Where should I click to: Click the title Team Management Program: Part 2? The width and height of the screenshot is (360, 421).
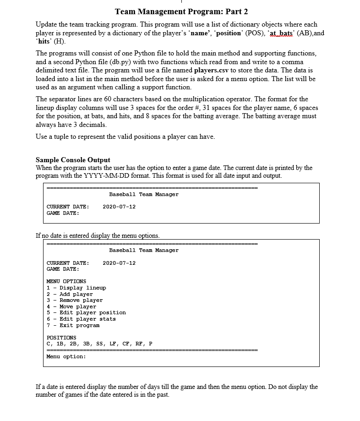(181, 11)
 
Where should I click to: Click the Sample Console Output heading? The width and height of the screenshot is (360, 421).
(73, 160)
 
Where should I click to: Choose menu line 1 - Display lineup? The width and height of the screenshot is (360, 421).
(76, 288)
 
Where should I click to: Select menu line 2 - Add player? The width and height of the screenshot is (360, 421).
(70, 294)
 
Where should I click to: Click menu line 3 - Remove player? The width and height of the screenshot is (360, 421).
(75, 300)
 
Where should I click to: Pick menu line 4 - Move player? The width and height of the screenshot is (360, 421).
(71, 306)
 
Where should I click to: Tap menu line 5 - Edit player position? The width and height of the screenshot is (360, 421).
(86, 312)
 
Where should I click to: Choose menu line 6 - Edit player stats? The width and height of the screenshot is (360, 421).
(81, 319)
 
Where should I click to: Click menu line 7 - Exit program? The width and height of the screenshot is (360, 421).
(73, 325)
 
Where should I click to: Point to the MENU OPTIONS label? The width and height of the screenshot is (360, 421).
(66, 281)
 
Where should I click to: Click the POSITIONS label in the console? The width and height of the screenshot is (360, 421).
(61, 338)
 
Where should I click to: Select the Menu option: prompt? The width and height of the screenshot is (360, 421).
(66, 356)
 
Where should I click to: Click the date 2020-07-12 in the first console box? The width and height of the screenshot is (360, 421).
(119, 207)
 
